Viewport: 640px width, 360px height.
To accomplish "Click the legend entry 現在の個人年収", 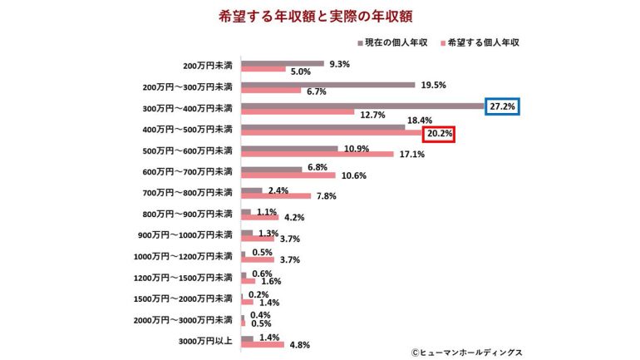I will pos(396,42).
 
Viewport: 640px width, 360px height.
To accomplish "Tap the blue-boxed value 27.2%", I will pos(503,107).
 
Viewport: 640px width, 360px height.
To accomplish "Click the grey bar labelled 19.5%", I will pos(327,84).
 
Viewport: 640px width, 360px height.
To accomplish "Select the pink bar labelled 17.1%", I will pos(317,155).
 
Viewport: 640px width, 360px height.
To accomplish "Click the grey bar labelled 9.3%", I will pos(283,63).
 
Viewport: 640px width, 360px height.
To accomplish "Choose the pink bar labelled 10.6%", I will pos(288,175).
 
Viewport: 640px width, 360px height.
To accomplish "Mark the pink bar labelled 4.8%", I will pos(263,345).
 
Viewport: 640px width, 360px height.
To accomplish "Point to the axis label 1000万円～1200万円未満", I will pos(183,256).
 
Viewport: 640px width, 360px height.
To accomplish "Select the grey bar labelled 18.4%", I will pos(323,127).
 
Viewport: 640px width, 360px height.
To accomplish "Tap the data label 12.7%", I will pos(372,116).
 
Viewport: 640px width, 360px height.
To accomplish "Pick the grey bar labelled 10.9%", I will pos(289,148).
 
